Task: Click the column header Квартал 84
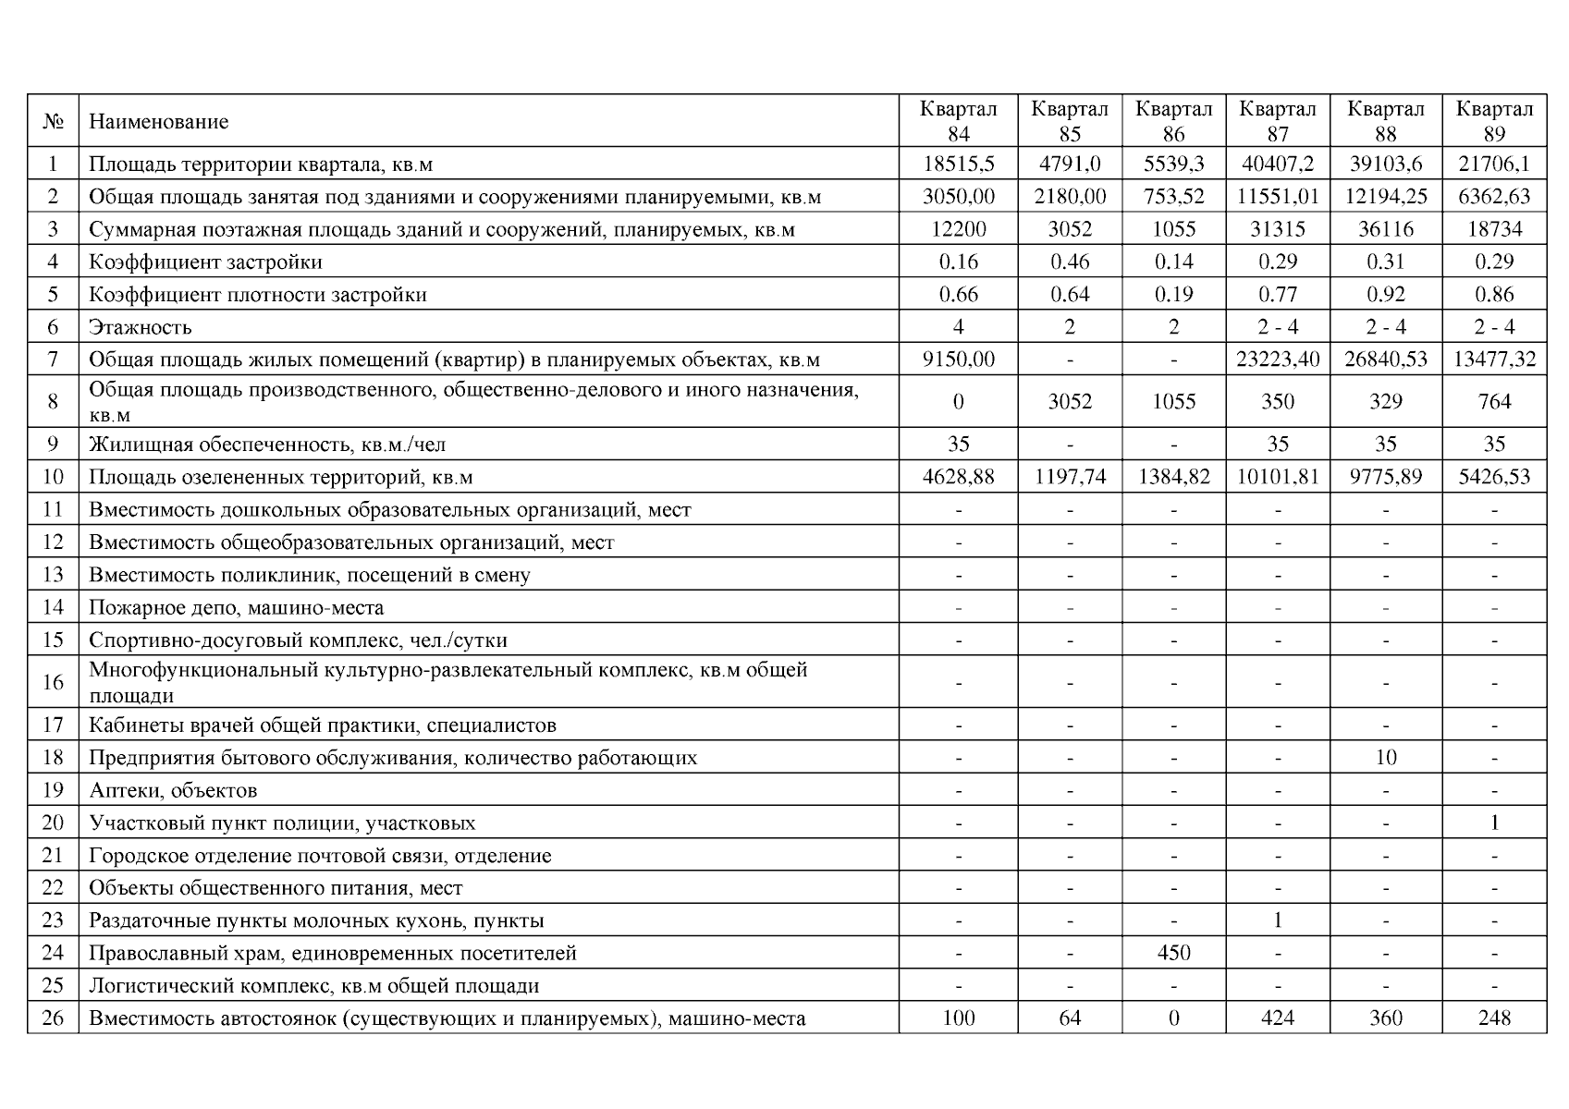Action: pos(958,121)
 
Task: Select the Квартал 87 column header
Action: pos(1277,121)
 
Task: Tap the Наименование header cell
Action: pos(158,122)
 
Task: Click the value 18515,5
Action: pos(958,165)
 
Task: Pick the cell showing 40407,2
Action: pos(1277,165)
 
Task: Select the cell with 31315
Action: pos(1277,229)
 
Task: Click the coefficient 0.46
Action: pos(1069,262)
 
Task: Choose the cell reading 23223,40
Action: pos(1277,360)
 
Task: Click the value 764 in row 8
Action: pos(1493,402)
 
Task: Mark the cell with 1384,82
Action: pos(1172,477)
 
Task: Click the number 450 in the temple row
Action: pos(1172,953)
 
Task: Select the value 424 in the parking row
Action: pos(1277,1018)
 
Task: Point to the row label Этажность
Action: pos(141,327)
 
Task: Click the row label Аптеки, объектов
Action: pos(173,791)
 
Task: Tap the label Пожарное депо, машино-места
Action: pos(236,608)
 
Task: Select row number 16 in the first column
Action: pos(53,682)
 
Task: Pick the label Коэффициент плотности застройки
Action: pos(258,295)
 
